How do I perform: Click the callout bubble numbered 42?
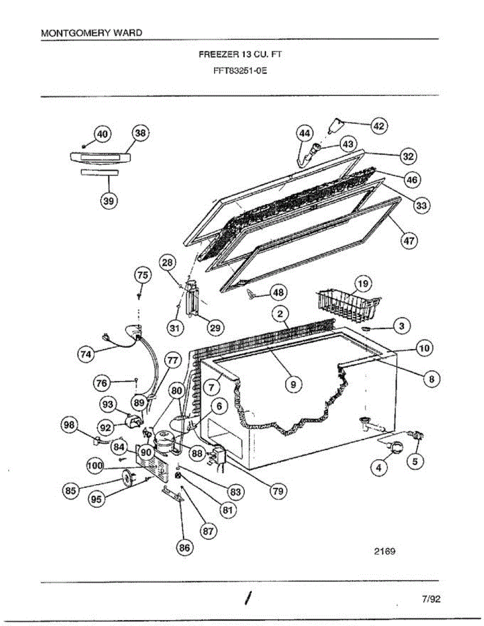pyautogui.click(x=379, y=126)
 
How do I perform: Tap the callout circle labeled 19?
pyautogui.click(x=363, y=284)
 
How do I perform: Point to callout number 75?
pyautogui.click(x=143, y=275)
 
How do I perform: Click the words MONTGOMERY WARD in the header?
pyautogui.click(x=91, y=33)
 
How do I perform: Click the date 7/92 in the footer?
pyautogui.click(x=431, y=599)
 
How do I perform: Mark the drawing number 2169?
pyautogui.click(x=384, y=550)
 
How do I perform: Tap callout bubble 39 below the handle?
pyautogui.click(x=109, y=201)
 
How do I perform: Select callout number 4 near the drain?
pyautogui.click(x=379, y=466)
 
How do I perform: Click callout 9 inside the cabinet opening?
pyautogui.click(x=293, y=384)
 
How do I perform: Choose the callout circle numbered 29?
pyautogui.click(x=215, y=328)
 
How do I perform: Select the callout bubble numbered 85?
pyautogui.click(x=70, y=490)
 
